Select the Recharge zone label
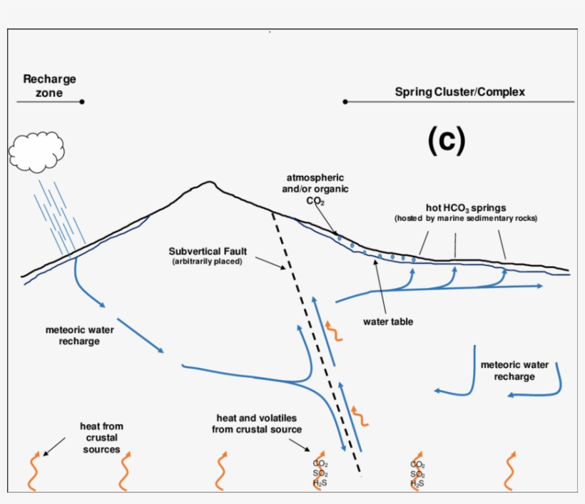click(49, 86)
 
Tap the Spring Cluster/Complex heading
click(459, 92)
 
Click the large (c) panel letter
click(447, 140)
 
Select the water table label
click(388, 322)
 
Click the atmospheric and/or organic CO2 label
click(315, 188)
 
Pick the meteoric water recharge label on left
click(72, 335)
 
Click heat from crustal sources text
click(101, 438)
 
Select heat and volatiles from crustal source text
click(257, 423)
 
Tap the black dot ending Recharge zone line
click(82, 102)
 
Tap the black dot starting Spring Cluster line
click(345, 102)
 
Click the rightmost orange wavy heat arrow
click(509, 470)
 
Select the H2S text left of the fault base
click(320, 483)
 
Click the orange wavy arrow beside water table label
click(332, 331)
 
